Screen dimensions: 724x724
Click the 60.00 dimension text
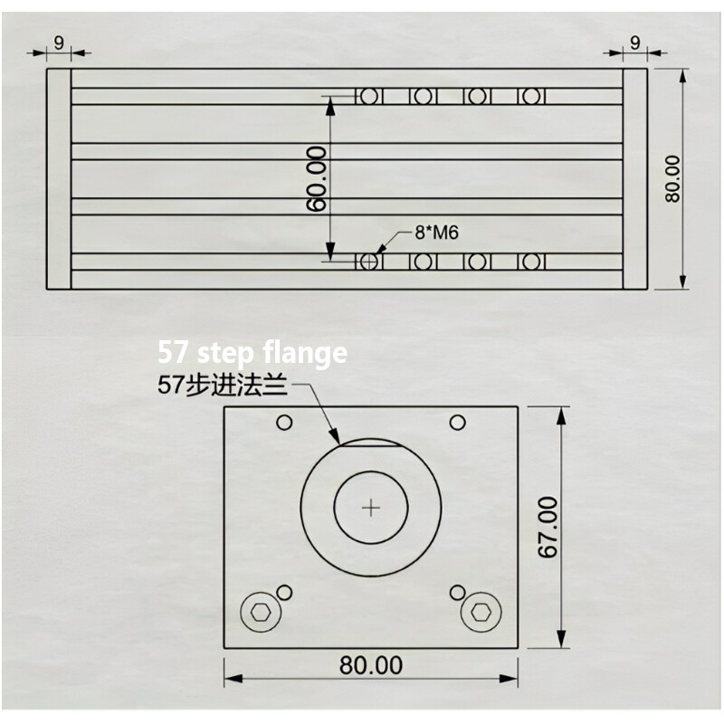point(317,179)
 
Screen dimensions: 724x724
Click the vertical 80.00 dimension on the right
point(672,178)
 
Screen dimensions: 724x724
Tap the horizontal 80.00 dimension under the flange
point(371,665)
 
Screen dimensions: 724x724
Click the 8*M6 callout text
point(437,233)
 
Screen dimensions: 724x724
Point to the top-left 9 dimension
point(59,41)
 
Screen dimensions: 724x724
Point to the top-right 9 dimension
point(634,41)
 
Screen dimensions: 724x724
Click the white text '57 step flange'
point(252,352)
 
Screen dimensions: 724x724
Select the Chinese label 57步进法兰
point(222,387)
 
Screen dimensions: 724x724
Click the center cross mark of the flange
point(371,508)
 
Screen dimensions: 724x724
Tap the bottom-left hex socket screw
point(261,613)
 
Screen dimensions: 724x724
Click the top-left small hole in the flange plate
point(284,423)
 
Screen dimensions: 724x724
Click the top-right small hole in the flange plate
point(458,423)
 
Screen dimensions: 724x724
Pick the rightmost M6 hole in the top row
point(531,96)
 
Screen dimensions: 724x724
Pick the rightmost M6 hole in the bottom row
point(531,262)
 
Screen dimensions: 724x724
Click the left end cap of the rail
point(59,178)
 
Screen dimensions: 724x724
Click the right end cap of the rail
point(634,178)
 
